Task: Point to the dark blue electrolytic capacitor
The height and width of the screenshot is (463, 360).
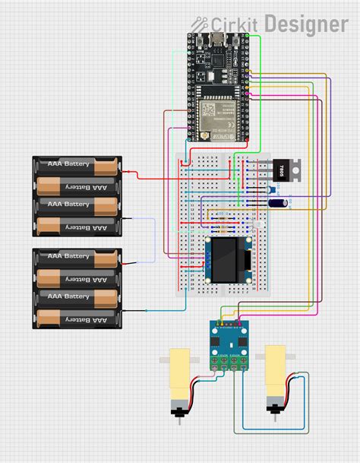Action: click(x=279, y=203)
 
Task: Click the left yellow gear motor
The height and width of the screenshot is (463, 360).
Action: click(x=178, y=373)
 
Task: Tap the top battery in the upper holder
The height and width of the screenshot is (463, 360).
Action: click(x=76, y=165)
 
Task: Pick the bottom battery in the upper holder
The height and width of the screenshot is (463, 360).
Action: click(x=76, y=225)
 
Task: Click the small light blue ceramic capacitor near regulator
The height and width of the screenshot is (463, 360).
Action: click(x=271, y=190)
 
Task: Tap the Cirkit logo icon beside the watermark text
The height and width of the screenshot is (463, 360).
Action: click(x=200, y=24)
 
